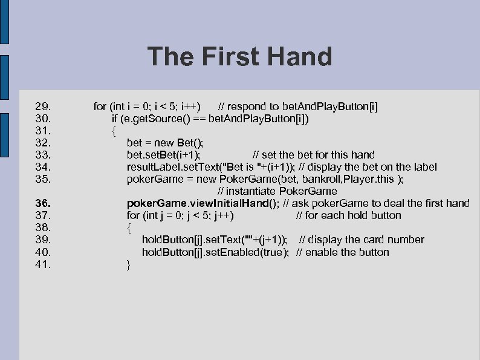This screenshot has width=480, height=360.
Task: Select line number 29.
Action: [45, 106]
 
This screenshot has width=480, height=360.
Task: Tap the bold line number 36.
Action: [45, 203]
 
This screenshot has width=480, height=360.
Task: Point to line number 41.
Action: [45, 264]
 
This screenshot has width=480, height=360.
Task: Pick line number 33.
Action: [45, 155]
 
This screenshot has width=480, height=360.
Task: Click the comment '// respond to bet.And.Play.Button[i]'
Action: [299, 106]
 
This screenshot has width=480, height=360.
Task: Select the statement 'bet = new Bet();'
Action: [165, 143]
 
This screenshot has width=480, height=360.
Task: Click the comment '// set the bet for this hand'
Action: [313, 155]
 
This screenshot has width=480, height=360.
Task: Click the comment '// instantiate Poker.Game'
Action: [277, 191]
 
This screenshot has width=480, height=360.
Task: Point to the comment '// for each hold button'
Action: [348, 215]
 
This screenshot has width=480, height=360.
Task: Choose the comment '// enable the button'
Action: [343, 252]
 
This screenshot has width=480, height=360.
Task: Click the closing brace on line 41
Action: [128, 264]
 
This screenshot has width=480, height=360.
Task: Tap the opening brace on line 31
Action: [113, 131]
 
